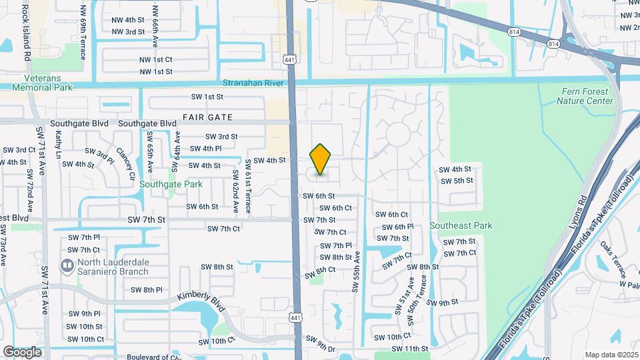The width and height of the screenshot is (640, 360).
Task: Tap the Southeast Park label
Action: (x=461, y=225)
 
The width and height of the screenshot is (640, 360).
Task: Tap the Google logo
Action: (x=22, y=351)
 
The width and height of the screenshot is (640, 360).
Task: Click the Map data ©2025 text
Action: (x=611, y=355)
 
